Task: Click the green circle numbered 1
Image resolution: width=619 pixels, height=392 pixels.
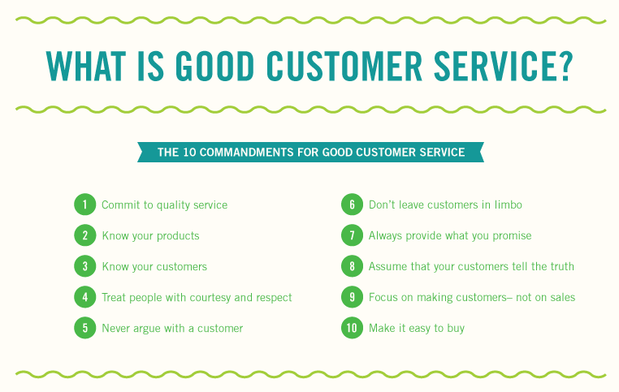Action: click(84, 205)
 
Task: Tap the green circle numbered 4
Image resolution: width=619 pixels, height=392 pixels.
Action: click(84, 297)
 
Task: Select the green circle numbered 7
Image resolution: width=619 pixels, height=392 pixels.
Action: click(352, 235)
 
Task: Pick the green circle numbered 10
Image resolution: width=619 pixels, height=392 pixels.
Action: click(352, 328)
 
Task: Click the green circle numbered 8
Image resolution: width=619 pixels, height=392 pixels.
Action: click(352, 266)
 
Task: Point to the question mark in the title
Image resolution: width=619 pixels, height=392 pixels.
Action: click(565, 66)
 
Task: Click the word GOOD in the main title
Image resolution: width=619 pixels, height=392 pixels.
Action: click(214, 67)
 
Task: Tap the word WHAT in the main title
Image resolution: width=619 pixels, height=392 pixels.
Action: click(85, 67)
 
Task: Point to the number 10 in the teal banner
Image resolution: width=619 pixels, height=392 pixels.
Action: click(189, 153)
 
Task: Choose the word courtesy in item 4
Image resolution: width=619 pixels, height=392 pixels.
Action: click(210, 297)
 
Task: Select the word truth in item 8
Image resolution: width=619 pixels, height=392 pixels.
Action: click(562, 266)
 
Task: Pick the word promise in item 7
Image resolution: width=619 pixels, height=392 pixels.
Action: click(512, 236)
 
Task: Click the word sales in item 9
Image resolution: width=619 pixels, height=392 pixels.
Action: click(563, 297)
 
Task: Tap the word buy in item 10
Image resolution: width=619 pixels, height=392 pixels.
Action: click(456, 329)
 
